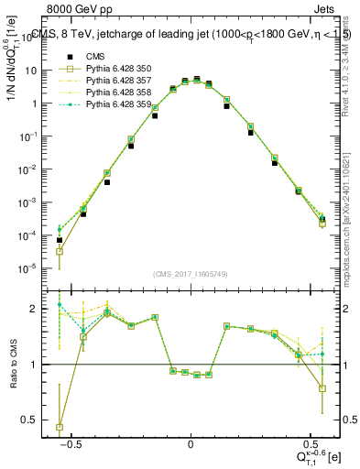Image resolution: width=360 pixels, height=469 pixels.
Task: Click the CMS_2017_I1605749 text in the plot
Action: [190, 274]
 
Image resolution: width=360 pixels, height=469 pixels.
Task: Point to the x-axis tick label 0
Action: [191, 444]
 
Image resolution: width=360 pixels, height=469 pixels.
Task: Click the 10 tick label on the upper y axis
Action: [36, 71]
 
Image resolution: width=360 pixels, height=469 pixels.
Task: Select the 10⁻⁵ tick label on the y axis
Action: [33, 268]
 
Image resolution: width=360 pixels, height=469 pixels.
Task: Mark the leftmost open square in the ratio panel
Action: [60, 427]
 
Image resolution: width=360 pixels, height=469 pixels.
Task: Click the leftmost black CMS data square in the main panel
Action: [60, 240]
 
